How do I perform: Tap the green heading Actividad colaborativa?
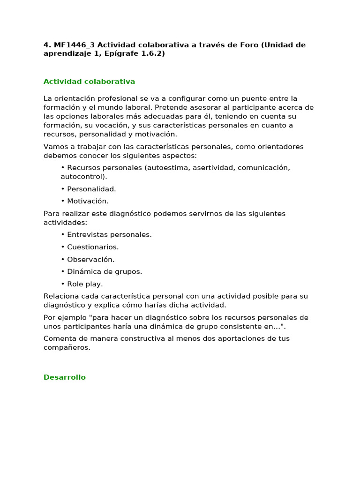89,82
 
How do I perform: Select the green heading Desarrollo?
65,377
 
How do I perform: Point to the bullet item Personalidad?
91,189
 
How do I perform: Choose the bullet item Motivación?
88,201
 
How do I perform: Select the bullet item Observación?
90,259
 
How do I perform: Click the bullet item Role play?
85,284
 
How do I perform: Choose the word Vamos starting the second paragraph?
55,147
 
